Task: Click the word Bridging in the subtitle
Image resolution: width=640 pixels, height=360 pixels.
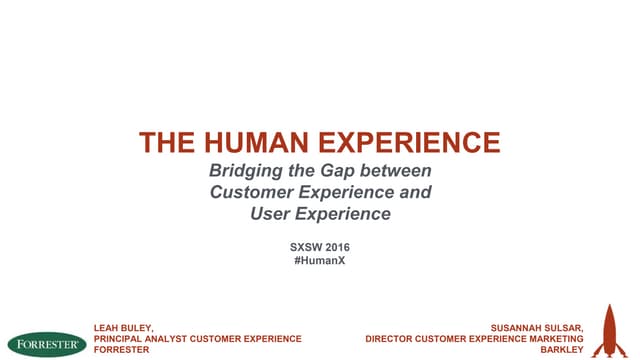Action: [239, 171]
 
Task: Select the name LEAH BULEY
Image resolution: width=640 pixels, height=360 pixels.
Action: [123, 327]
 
